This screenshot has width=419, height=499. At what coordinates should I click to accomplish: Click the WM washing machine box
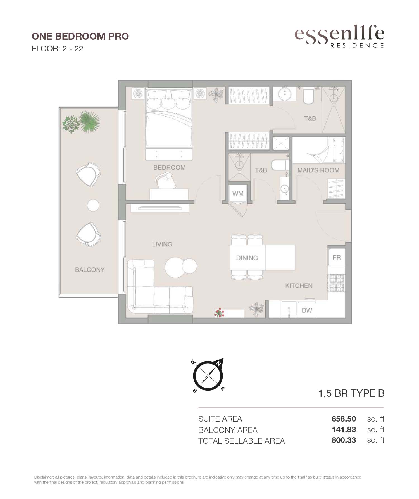(x=238, y=193)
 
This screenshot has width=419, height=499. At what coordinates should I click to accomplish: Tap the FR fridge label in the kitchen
(x=337, y=257)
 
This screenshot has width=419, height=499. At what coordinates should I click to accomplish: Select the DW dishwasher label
(x=307, y=310)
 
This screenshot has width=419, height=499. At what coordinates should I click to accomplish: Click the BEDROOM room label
(x=170, y=167)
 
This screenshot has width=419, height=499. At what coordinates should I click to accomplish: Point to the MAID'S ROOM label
(x=318, y=170)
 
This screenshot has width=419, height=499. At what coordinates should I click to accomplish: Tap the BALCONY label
(x=90, y=270)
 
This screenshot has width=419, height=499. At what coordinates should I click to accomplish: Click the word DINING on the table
(x=247, y=258)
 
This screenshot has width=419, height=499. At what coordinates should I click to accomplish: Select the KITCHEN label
(x=299, y=286)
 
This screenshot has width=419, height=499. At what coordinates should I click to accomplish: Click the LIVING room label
(x=162, y=244)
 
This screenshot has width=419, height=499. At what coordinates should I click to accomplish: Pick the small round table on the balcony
(x=93, y=206)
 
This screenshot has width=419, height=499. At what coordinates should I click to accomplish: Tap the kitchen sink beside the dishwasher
(x=289, y=309)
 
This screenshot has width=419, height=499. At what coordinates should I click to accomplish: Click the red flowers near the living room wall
(x=219, y=313)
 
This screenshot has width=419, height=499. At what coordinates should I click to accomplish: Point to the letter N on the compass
(x=219, y=364)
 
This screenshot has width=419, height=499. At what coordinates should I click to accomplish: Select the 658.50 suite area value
(x=344, y=419)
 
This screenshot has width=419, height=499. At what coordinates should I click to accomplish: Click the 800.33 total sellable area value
(x=344, y=440)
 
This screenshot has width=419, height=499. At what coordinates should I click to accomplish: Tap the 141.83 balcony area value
(x=344, y=429)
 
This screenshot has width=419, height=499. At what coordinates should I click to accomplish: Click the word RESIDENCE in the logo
(x=357, y=46)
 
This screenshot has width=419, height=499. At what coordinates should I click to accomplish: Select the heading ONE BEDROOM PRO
(x=80, y=36)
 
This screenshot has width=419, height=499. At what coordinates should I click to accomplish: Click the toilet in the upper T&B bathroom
(x=309, y=96)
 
